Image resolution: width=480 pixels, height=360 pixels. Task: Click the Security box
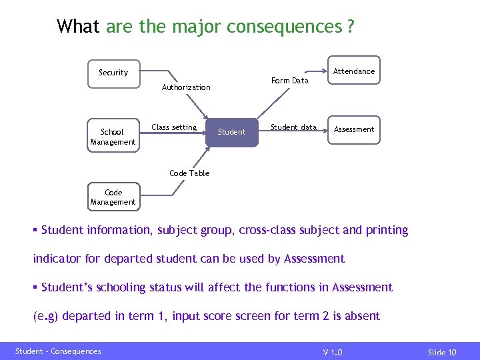(x=113, y=73)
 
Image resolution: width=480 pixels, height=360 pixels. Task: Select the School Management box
(x=113, y=137)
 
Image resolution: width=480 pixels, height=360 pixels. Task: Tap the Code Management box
(x=113, y=197)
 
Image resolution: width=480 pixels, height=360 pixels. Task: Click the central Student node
(x=231, y=132)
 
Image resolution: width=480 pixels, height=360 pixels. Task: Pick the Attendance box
(x=353, y=71)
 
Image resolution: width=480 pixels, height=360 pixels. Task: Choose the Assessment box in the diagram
(x=353, y=129)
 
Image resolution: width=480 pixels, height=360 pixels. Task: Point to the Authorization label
(x=186, y=87)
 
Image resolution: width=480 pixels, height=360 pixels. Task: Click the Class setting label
(x=174, y=127)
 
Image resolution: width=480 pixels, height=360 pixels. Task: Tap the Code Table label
(x=189, y=173)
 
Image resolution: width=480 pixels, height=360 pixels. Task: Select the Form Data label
(x=290, y=81)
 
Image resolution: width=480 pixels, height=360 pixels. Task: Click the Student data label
(x=293, y=127)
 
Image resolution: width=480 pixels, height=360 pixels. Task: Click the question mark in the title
(x=350, y=27)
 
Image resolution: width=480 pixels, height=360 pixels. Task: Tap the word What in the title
(x=78, y=27)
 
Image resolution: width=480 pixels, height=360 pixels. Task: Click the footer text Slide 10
(x=442, y=352)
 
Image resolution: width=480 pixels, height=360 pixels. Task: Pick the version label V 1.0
(x=333, y=352)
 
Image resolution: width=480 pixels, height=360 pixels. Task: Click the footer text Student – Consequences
(x=58, y=351)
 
